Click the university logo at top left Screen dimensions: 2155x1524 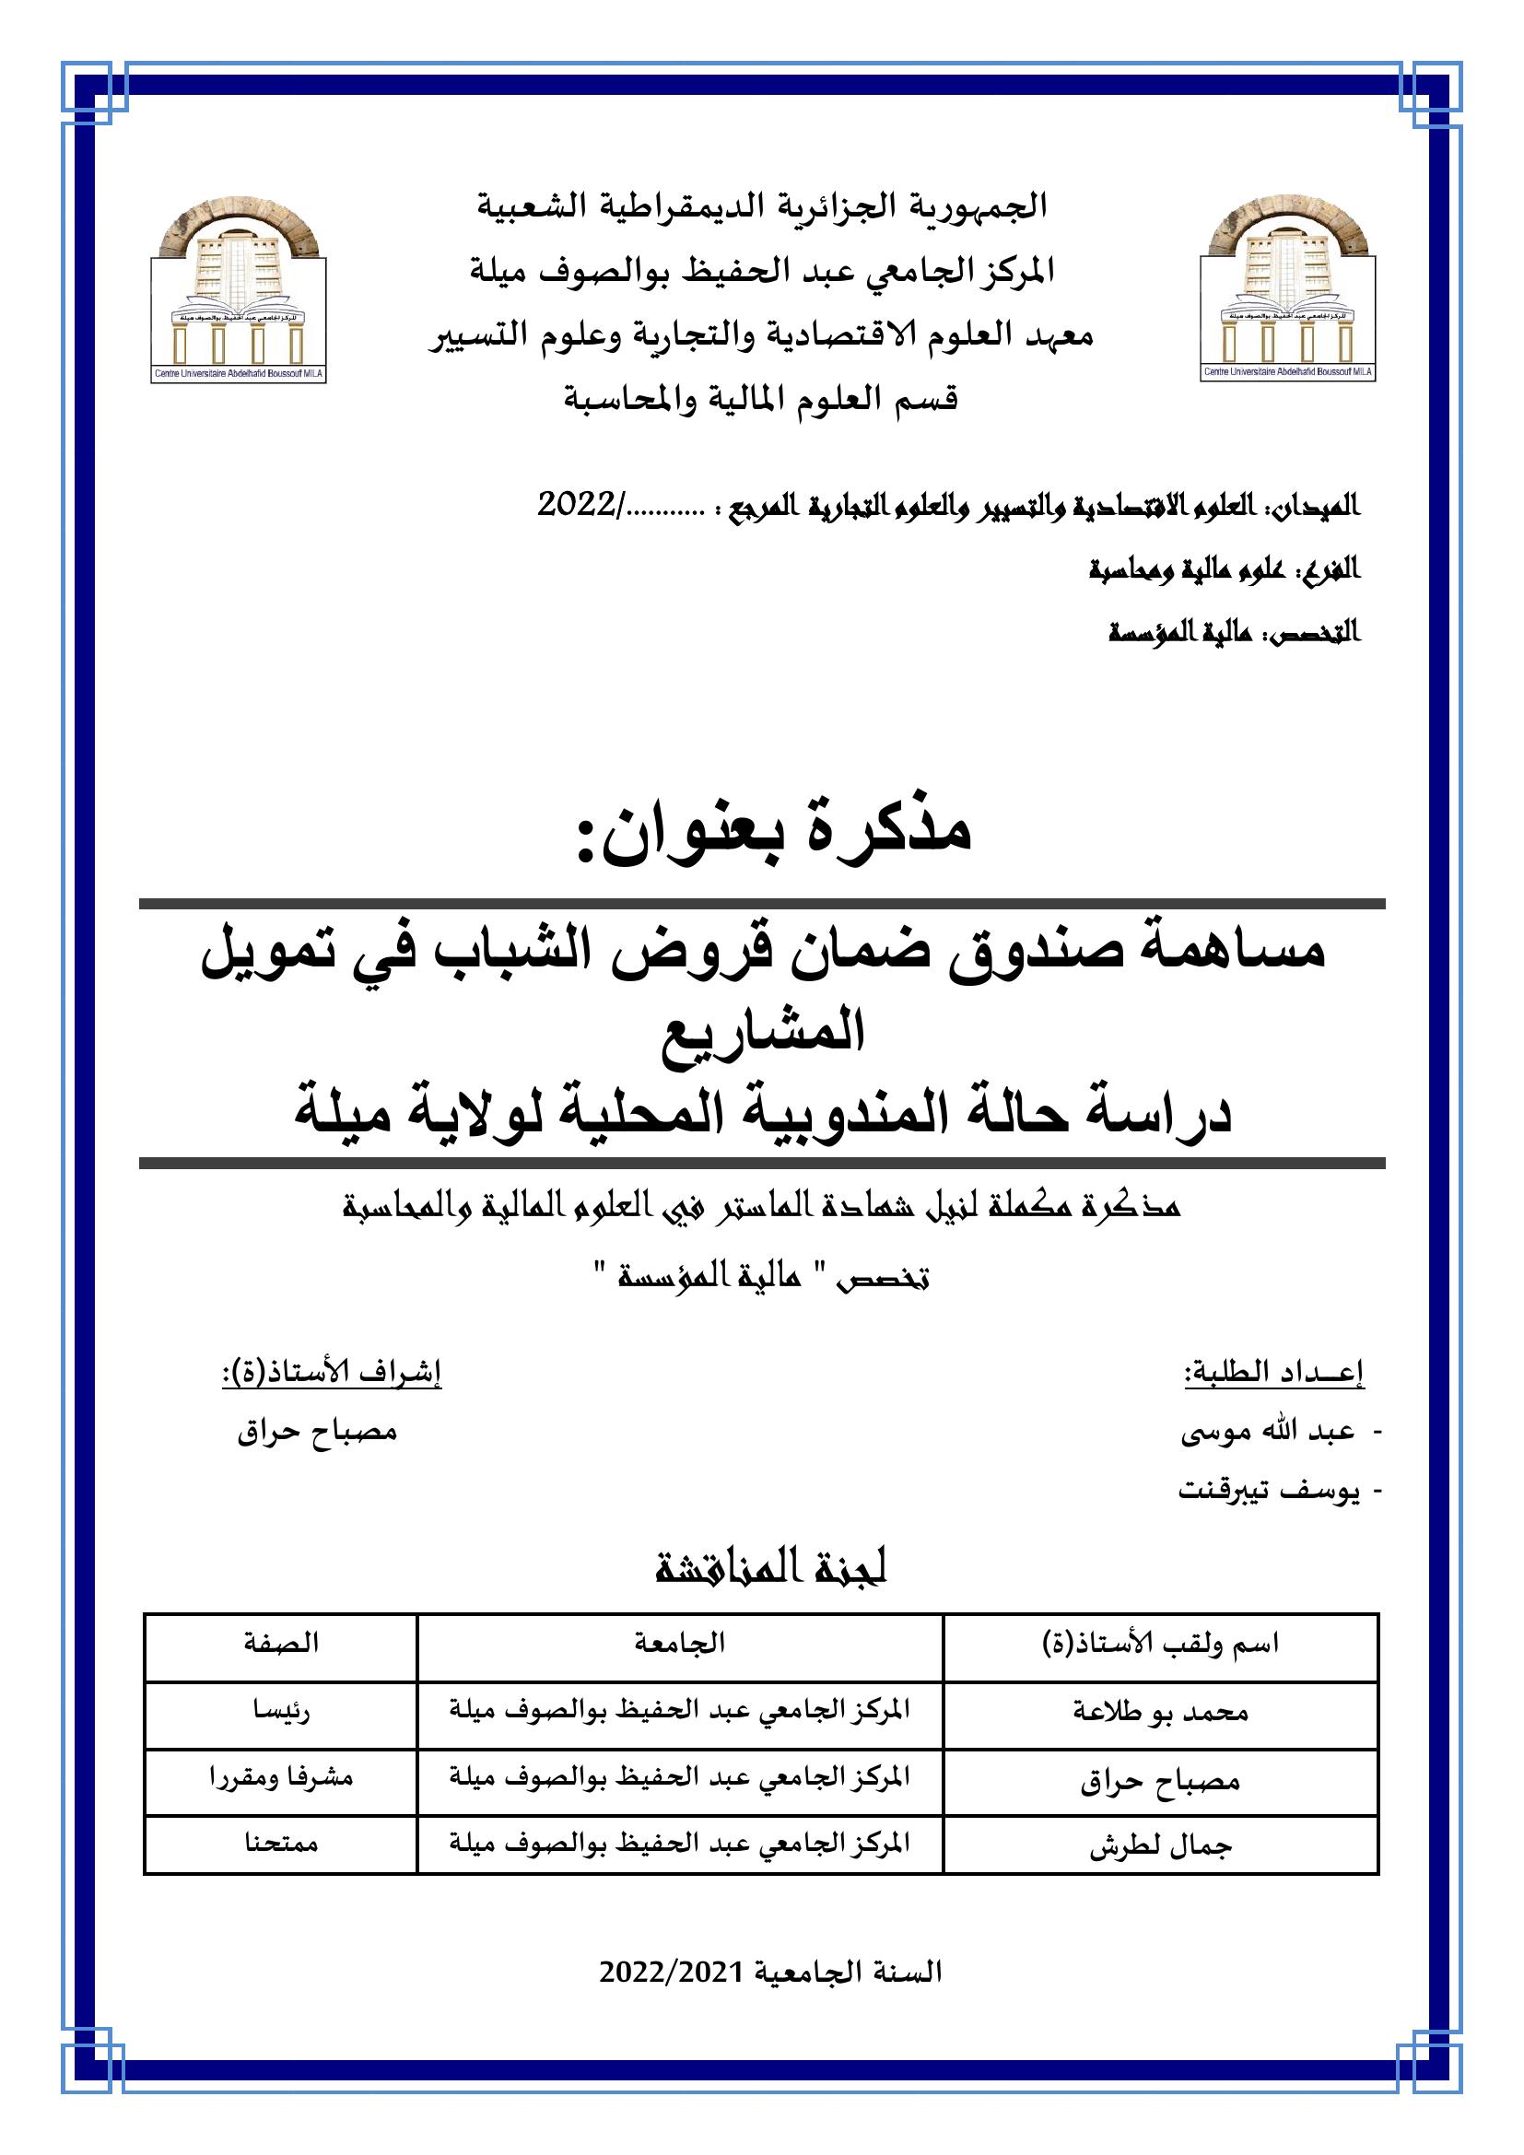coord(239,294)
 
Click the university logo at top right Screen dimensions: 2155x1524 coord(1287,294)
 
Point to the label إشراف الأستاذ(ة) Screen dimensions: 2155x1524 coord(332,1373)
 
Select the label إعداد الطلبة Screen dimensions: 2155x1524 coord(1273,1373)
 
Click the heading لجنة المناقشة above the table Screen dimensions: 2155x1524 coord(770,1568)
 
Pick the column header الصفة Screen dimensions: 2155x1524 coord(281,1644)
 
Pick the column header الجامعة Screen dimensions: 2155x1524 coord(679,1644)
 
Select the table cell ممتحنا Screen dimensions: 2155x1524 coord(281,1845)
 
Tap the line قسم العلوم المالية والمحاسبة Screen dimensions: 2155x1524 coord(760,400)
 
